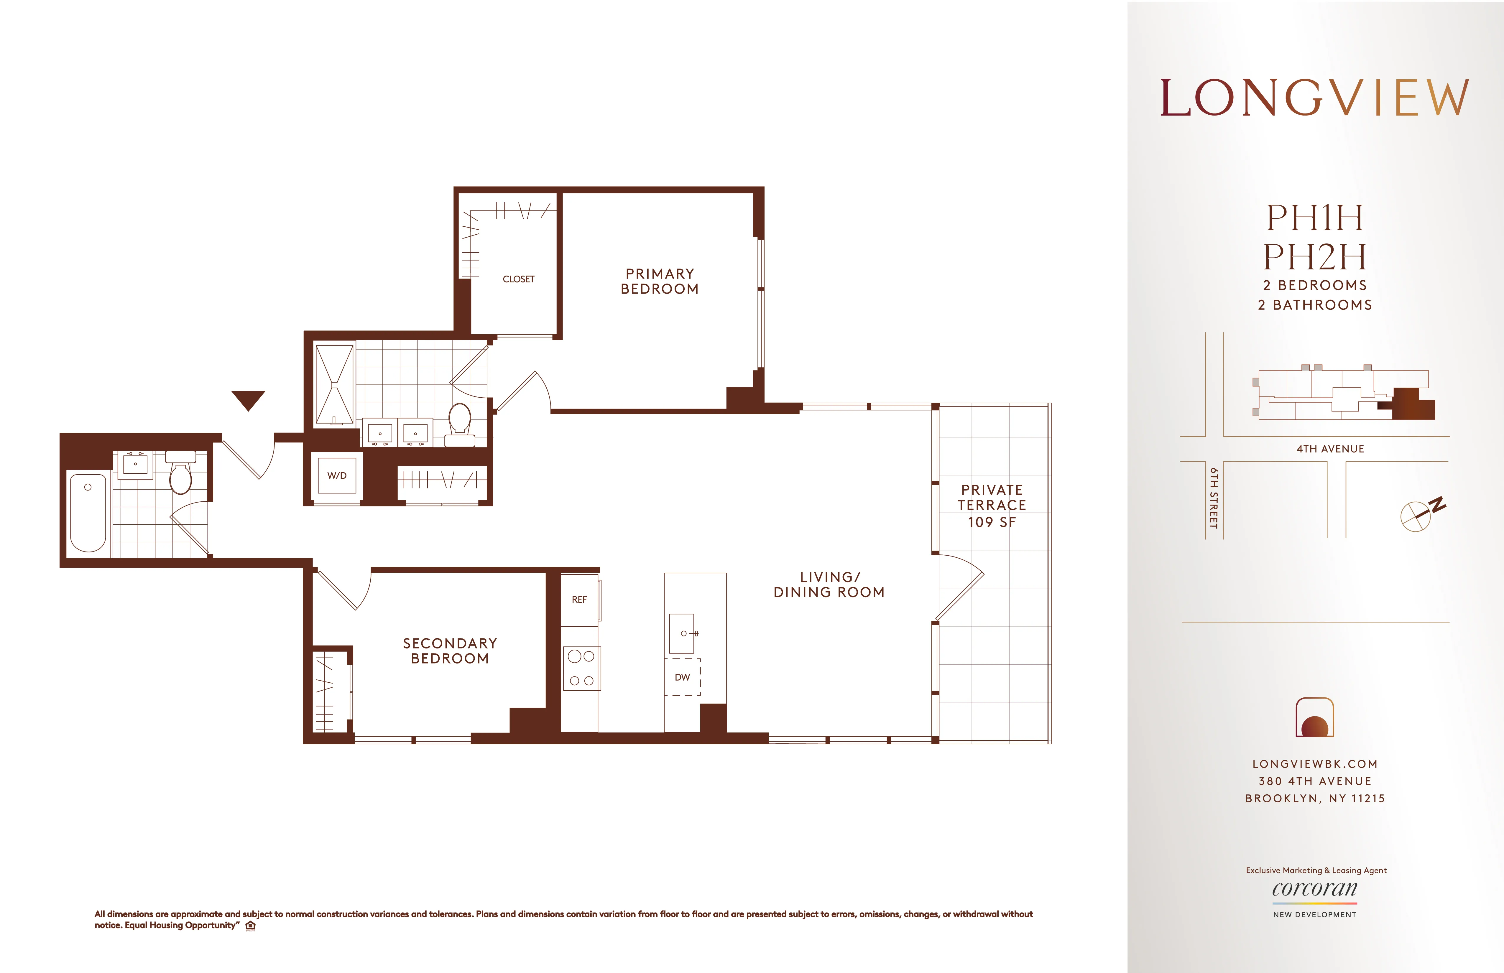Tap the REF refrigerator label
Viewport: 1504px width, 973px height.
click(x=579, y=600)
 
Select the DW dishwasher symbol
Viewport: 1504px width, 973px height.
click(x=682, y=677)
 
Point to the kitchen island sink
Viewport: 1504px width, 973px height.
click(x=682, y=633)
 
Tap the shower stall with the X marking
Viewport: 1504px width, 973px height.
click(x=334, y=384)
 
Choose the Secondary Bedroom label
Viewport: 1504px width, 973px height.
click(x=450, y=651)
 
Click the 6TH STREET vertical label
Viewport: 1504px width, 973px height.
click(x=1213, y=498)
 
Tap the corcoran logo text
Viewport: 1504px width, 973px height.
click(x=1314, y=889)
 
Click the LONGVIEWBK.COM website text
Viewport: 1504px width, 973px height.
click(x=1314, y=764)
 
